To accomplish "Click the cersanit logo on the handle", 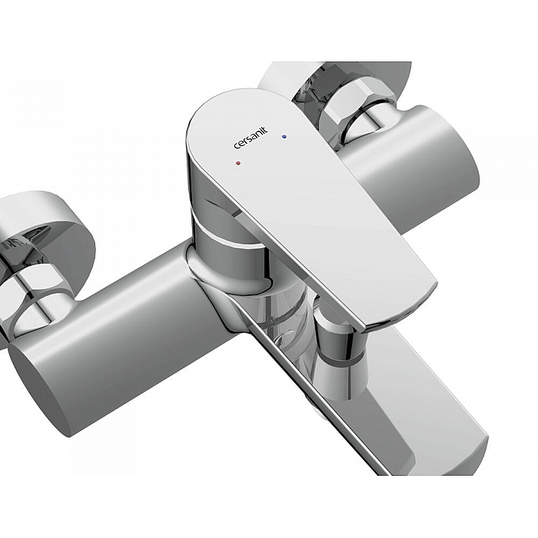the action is pyautogui.click(x=251, y=138).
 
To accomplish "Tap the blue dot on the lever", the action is pyautogui.click(x=284, y=137).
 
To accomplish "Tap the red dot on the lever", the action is pyautogui.click(x=238, y=163).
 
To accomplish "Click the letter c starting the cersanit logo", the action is pyautogui.click(x=237, y=147).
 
